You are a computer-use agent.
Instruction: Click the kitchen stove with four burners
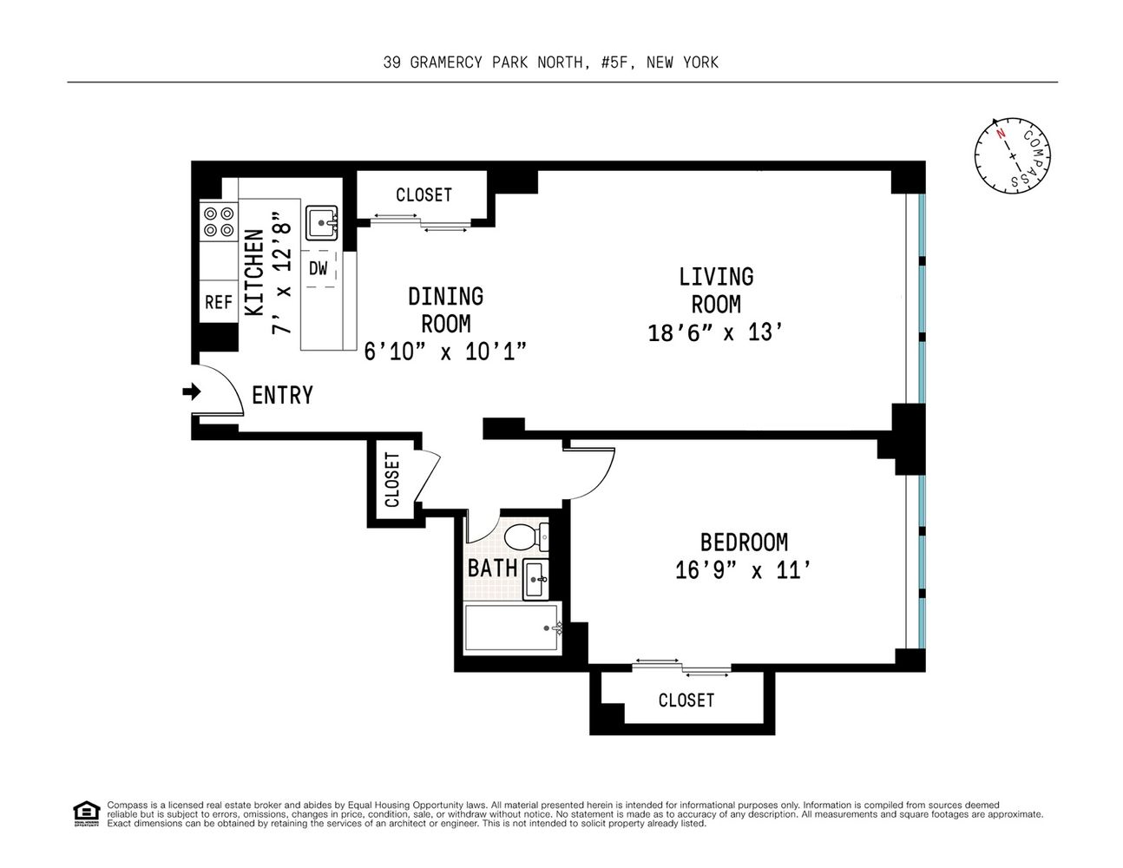219,221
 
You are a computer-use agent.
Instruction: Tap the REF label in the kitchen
219,302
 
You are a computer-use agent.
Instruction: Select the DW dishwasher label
318,268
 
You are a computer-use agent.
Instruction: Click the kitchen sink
321,223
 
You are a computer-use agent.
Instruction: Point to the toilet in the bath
526,536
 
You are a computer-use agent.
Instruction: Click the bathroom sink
536,579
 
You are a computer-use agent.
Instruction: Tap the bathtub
513,628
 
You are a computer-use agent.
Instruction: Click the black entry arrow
192,391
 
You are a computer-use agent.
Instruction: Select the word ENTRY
282,395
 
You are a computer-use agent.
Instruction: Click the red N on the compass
1001,134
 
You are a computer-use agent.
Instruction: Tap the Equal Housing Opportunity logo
86,814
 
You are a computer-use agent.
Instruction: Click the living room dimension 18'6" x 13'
715,332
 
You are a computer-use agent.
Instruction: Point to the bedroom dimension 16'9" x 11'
743,570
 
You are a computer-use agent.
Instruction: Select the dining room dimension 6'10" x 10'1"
445,352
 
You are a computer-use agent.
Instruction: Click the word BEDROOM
745,542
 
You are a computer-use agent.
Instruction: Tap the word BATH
493,569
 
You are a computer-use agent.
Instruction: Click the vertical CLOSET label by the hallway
392,479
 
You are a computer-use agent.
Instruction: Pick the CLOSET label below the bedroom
686,700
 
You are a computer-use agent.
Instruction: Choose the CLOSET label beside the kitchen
424,194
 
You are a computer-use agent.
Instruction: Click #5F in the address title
615,62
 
